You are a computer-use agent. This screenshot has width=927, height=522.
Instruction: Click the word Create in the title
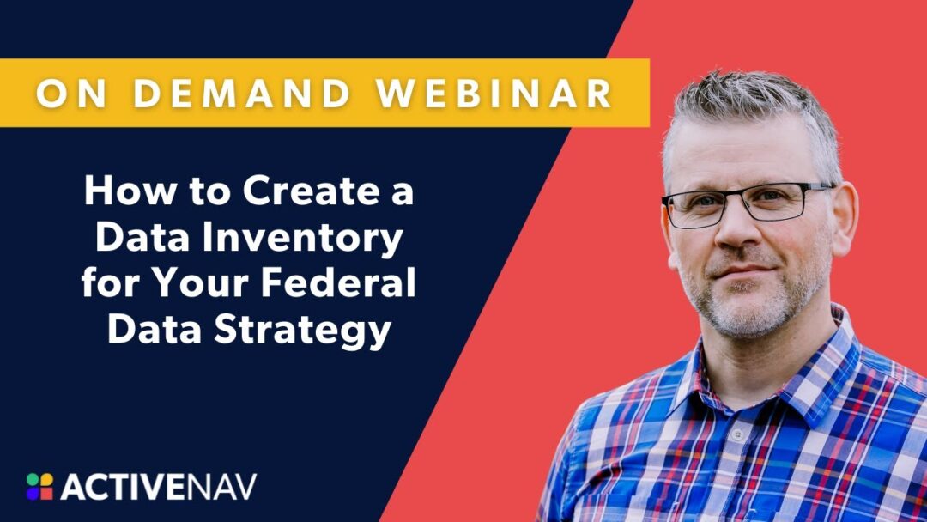click(x=301, y=192)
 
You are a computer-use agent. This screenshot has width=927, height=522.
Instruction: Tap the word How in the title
click(x=121, y=192)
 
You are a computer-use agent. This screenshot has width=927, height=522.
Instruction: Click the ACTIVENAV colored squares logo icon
click(x=39, y=486)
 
